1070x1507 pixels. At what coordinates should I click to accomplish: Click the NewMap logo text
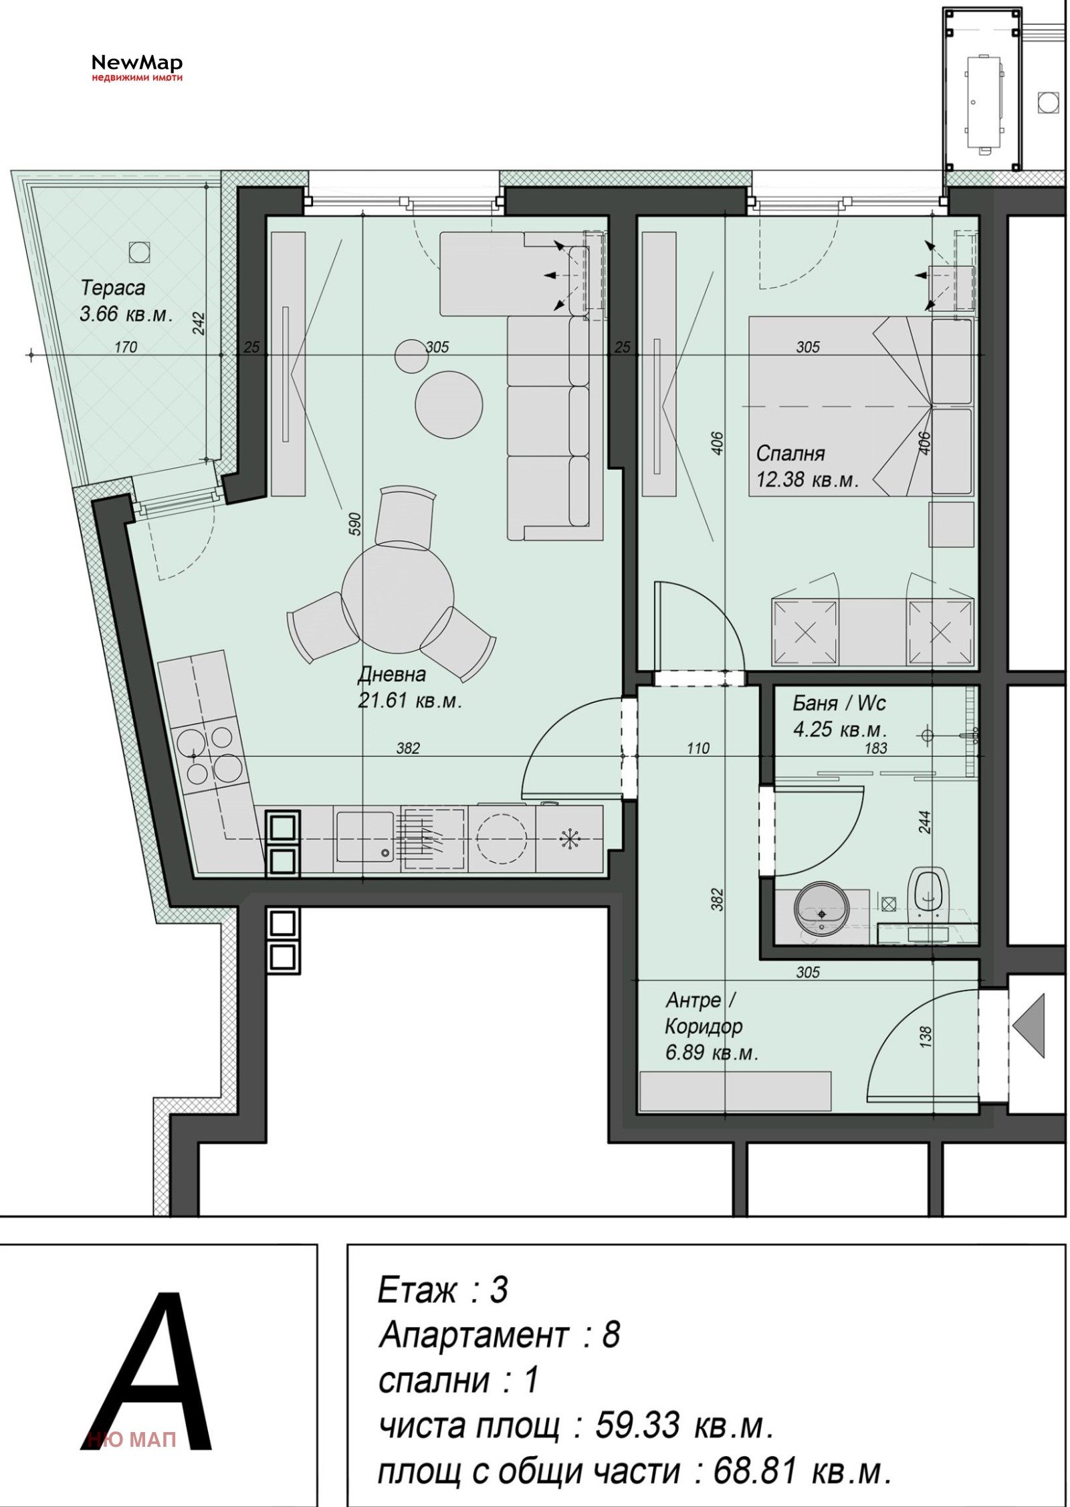(136, 63)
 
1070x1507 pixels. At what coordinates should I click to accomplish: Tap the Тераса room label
(112, 288)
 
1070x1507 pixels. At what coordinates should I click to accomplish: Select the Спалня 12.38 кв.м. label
(807, 466)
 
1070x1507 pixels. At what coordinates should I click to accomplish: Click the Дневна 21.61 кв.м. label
(410, 688)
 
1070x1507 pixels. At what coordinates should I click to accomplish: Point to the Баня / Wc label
(839, 703)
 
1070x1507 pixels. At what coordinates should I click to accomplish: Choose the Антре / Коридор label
(704, 1013)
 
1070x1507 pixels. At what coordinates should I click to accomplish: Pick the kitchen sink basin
(364, 837)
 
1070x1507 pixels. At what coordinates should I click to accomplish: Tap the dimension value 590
(354, 524)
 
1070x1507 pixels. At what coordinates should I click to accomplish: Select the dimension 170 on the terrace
(126, 346)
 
